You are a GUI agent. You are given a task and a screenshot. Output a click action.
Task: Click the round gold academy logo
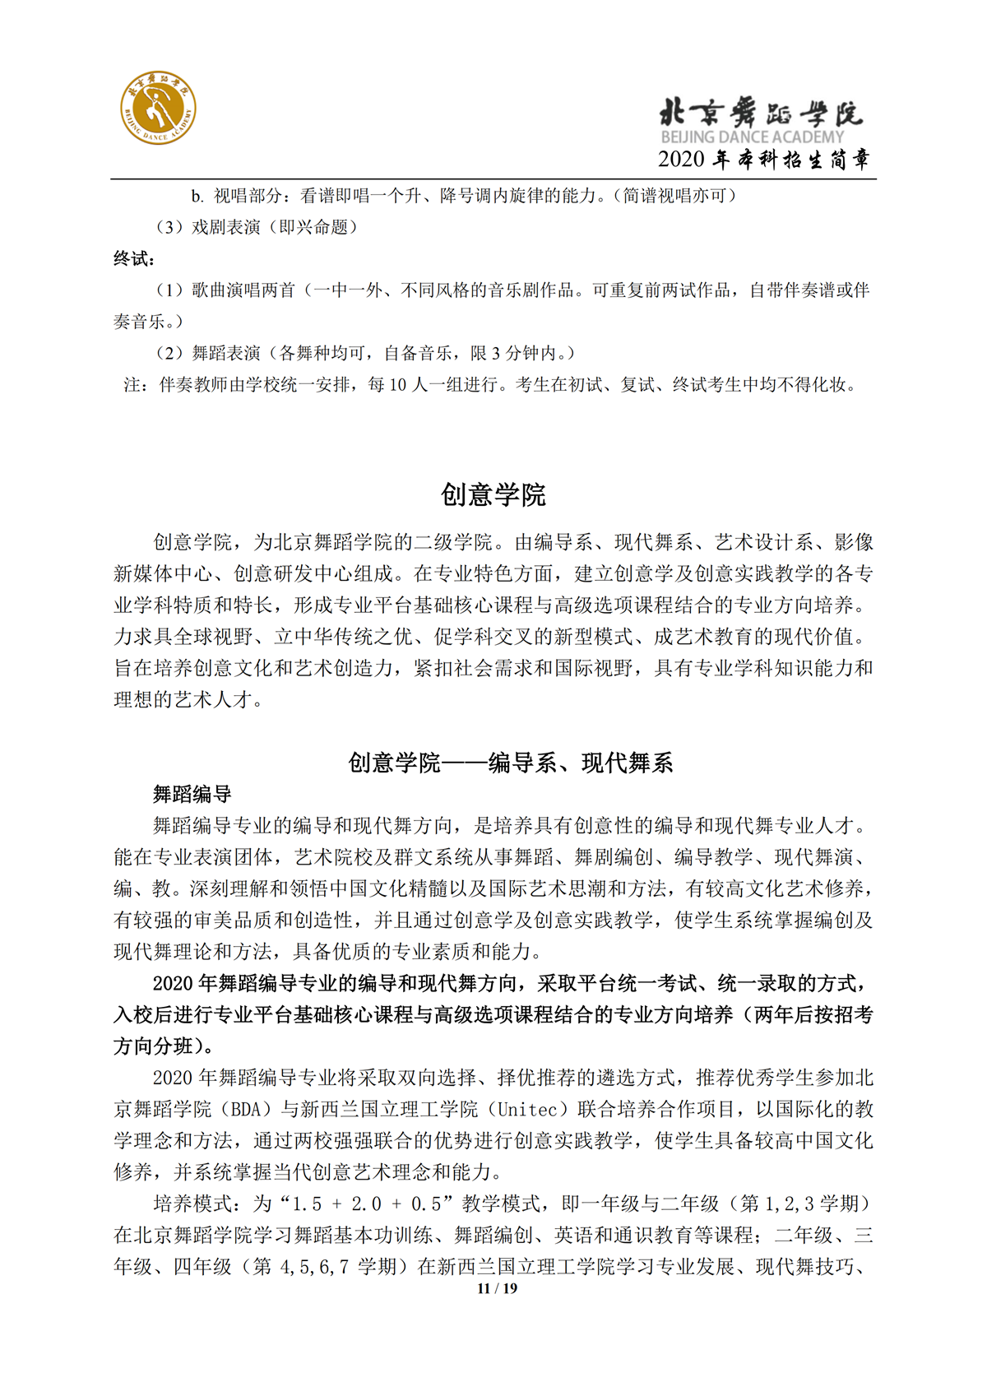159,108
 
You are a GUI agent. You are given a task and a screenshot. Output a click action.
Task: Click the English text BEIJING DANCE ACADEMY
752,137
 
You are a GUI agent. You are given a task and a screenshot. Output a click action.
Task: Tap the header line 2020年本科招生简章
763,160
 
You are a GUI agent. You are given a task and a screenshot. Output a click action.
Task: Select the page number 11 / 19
498,1288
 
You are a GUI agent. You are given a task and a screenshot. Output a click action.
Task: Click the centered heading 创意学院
493,495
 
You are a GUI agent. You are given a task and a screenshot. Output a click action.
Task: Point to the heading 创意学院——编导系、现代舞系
510,763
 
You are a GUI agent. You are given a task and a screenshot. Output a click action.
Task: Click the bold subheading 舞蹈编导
192,795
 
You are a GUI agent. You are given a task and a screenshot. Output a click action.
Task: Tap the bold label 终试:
134,259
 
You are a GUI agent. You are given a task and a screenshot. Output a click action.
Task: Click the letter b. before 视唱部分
197,197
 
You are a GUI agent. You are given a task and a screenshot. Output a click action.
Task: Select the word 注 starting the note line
132,385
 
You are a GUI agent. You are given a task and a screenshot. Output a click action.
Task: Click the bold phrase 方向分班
152,1046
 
